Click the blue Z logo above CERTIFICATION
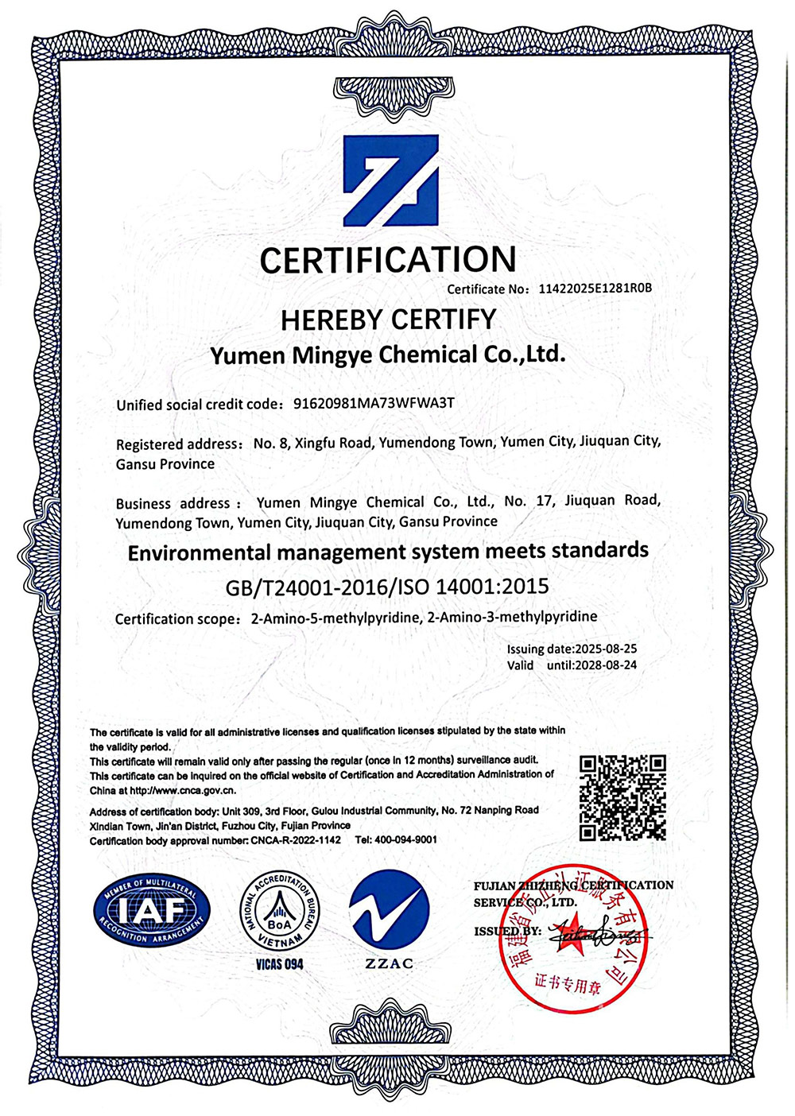click(390, 180)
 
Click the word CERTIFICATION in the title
click(388, 260)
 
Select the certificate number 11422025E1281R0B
click(595, 289)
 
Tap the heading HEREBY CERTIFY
click(388, 320)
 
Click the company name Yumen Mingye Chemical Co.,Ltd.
click(388, 355)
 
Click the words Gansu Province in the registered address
click(165, 464)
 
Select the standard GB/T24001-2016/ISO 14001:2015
click(388, 587)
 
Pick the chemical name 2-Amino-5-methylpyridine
click(335, 618)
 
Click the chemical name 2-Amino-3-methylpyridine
click(513, 617)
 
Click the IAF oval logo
click(152, 912)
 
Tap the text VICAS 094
click(279, 964)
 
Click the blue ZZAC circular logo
click(390, 911)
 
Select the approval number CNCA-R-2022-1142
click(296, 840)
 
